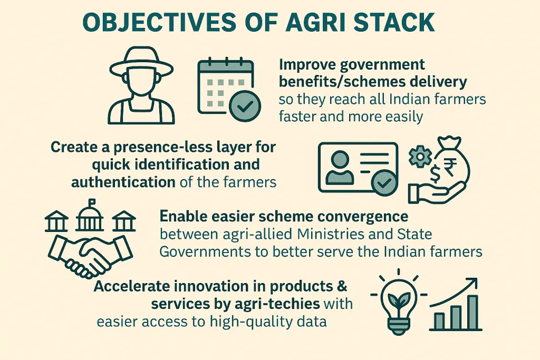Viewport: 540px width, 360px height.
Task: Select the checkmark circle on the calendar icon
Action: click(245, 106)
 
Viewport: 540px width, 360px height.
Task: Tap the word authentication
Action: click(123, 182)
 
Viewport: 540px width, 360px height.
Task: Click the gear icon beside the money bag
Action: click(420, 156)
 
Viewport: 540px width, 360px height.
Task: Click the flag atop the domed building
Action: click(92, 201)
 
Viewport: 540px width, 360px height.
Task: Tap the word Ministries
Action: click(330, 234)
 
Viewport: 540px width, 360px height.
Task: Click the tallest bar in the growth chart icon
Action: click(472, 312)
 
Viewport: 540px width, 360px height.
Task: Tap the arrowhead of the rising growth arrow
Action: click(473, 283)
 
